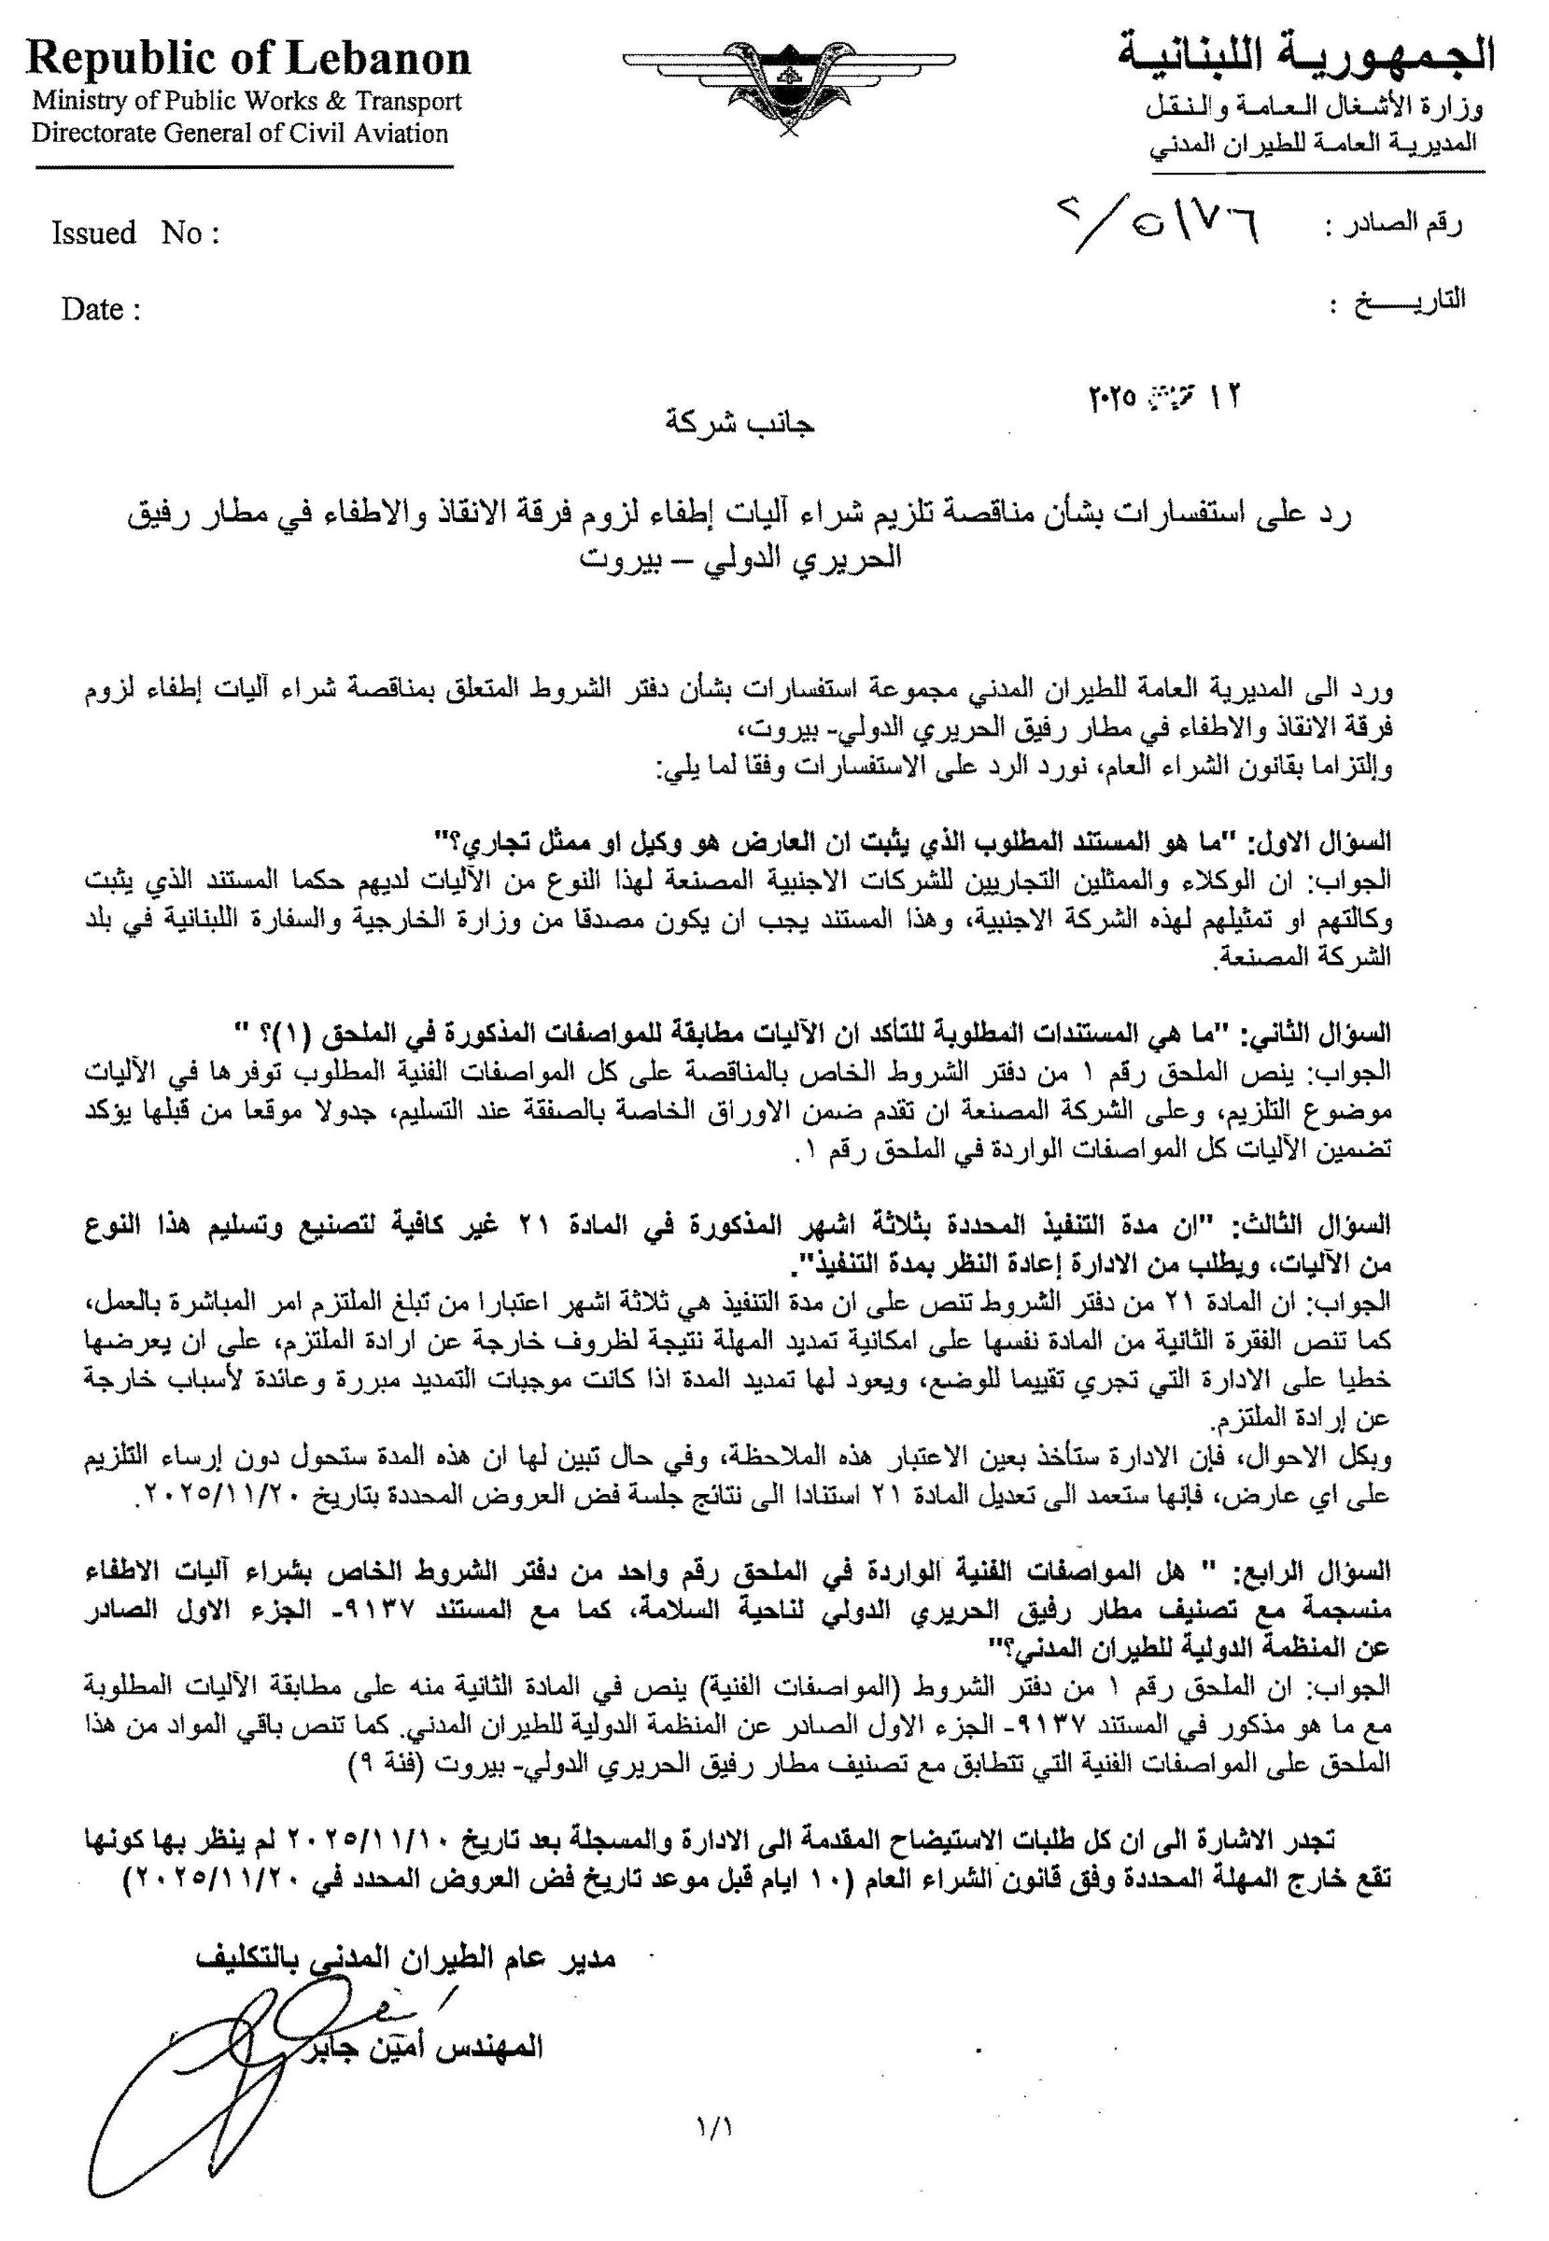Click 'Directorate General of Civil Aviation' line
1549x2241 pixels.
point(240,133)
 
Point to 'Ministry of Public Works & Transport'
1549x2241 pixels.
point(246,101)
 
